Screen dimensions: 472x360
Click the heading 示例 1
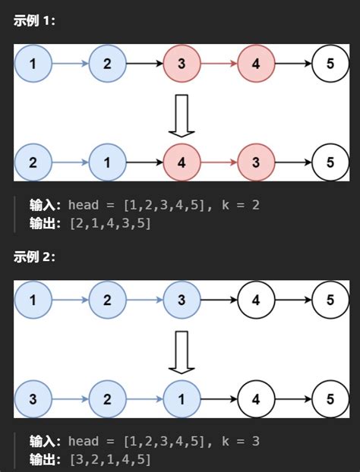point(34,20)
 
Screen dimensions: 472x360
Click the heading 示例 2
point(34,256)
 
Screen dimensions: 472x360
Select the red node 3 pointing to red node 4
point(182,64)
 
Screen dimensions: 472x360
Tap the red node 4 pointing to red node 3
point(182,162)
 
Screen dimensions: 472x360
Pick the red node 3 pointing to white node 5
point(256,162)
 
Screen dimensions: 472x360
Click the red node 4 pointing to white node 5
point(256,64)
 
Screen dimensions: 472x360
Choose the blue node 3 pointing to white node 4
point(182,300)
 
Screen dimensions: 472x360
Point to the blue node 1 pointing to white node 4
point(182,398)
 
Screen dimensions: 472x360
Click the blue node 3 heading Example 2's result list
point(33,398)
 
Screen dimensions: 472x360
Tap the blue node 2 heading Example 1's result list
point(33,162)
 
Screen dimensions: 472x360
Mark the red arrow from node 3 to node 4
point(219,64)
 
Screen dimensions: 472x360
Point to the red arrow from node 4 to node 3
point(219,162)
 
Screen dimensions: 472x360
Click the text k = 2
point(244,205)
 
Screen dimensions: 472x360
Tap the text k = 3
point(244,441)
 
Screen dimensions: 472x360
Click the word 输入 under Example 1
point(45,205)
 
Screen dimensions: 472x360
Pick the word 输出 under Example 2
point(45,459)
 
